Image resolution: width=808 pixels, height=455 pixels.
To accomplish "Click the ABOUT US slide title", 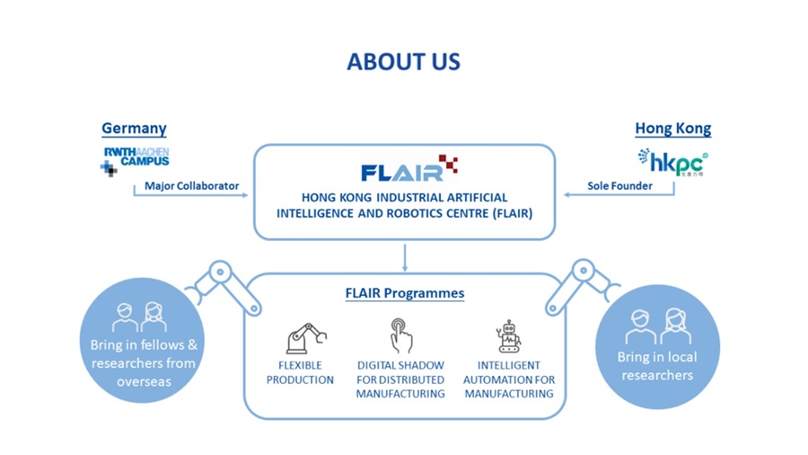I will [x=403, y=61].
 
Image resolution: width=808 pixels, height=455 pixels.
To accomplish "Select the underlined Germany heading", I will [x=134, y=129].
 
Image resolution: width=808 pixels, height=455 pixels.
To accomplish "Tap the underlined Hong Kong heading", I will [x=672, y=129].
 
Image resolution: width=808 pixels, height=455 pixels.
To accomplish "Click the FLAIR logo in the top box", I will [x=409, y=169].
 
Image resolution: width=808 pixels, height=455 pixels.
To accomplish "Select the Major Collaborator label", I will [x=192, y=186].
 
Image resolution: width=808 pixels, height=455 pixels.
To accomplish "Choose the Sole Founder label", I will [x=620, y=186].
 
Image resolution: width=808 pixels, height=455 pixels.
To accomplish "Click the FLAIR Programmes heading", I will [x=404, y=293].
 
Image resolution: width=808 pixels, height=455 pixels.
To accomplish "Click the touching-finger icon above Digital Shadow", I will [x=400, y=335].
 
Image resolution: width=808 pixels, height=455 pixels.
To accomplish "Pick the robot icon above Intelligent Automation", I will [x=509, y=336].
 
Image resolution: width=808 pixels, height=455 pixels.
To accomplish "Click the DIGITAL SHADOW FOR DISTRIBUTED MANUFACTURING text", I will [x=400, y=379].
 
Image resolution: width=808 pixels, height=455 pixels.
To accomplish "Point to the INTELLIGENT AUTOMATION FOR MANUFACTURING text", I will [x=509, y=379].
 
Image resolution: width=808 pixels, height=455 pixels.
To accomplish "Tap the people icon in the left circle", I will [x=139, y=317].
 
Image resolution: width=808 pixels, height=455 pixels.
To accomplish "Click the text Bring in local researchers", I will [x=657, y=366].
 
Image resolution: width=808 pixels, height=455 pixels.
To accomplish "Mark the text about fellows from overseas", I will [x=143, y=363].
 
